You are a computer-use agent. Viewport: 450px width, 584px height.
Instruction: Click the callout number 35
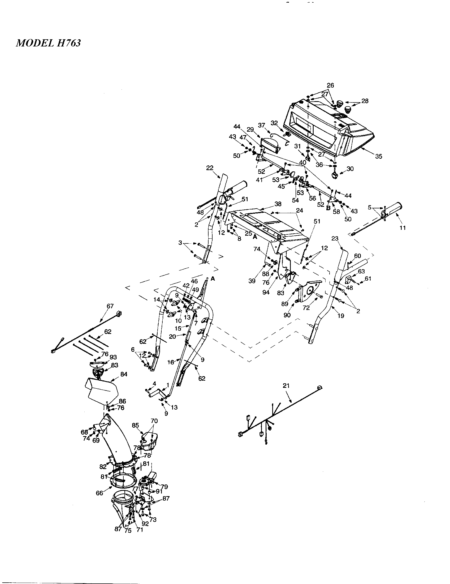[379, 156]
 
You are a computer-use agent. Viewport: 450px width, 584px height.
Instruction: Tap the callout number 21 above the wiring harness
[286, 386]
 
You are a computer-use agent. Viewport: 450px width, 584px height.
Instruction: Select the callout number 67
[110, 306]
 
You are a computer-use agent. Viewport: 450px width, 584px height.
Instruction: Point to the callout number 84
[124, 375]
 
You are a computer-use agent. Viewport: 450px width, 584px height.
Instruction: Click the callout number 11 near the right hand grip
[403, 228]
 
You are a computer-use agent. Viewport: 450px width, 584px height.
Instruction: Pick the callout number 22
[210, 168]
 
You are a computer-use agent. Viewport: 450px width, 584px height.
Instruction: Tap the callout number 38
[278, 204]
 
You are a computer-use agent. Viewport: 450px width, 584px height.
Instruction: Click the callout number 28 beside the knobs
[365, 101]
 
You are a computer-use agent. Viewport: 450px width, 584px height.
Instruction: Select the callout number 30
[350, 169]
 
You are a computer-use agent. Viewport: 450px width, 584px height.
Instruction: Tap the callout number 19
[341, 316]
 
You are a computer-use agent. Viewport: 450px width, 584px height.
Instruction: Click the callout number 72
[306, 308]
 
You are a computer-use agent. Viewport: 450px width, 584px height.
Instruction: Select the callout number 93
[113, 357]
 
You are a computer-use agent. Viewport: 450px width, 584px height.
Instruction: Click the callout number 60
[358, 256]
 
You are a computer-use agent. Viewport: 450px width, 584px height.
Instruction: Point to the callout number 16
[171, 362]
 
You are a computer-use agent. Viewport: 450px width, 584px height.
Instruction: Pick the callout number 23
[335, 239]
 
